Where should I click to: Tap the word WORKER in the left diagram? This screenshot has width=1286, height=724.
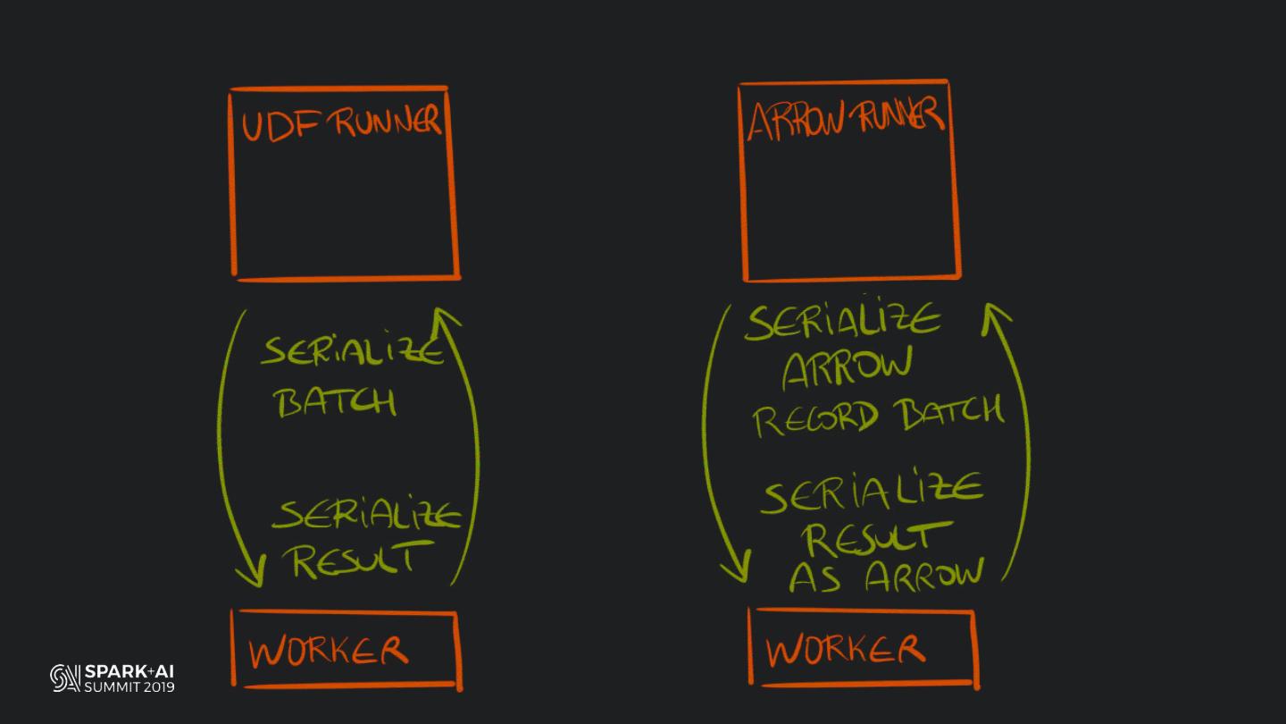(329, 652)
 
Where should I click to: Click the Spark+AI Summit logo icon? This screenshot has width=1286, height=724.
(65, 678)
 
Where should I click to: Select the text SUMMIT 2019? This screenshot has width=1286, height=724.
(129, 687)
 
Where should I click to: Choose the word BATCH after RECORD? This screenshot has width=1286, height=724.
(949, 412)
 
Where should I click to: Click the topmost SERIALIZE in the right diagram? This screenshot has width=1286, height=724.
(842, 322)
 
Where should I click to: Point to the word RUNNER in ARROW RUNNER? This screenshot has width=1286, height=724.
(897, 117)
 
